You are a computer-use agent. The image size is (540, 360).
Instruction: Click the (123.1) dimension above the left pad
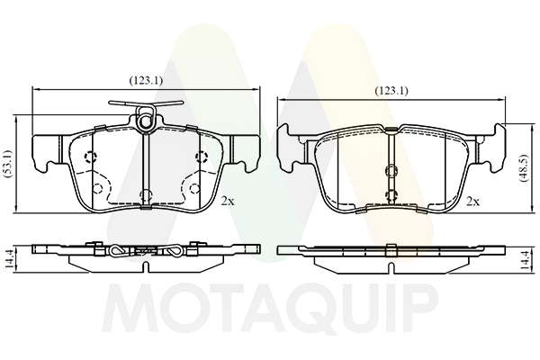coord(146,81)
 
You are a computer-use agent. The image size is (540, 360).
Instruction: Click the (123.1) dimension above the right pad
coord(391,91)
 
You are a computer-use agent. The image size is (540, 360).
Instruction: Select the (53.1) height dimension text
coord(8,165)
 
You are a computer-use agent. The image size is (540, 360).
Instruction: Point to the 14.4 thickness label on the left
coord(9,259)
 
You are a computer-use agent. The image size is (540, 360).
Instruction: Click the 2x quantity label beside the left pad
coord(228,202)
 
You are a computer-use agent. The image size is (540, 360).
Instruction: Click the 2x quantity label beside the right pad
coord(472,202)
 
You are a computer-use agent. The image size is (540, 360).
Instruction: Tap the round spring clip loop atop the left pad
coord(146,118)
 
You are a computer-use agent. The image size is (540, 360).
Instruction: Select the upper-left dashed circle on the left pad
coord(91,157)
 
